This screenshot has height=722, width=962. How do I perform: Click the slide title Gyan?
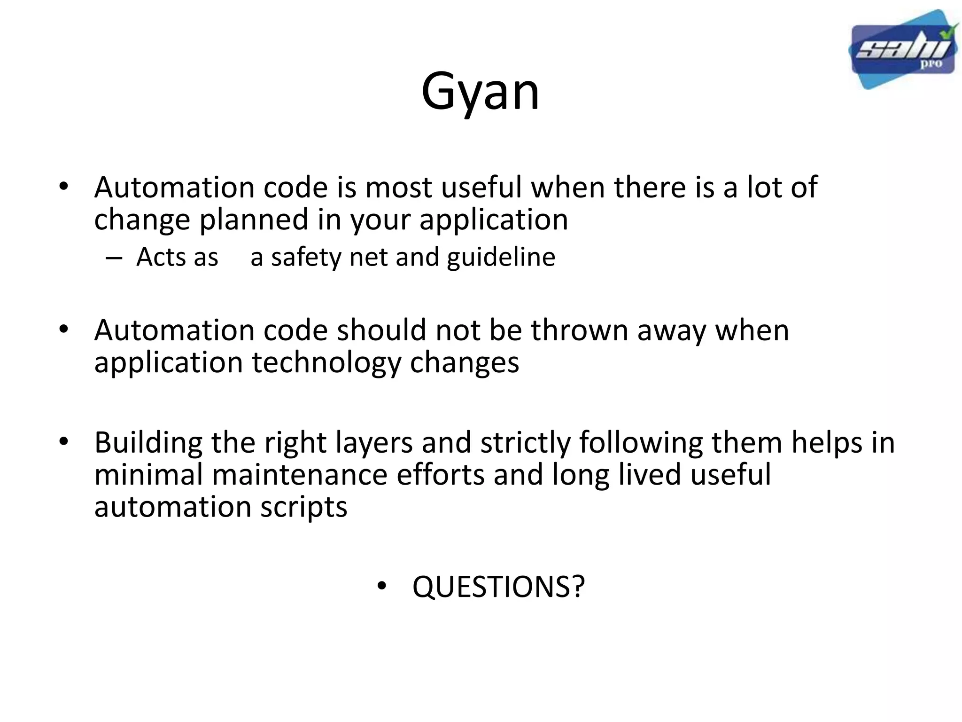(480, 92)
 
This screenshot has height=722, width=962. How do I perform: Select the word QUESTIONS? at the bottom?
(498, 587)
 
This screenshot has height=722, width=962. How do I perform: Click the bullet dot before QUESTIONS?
(381, 586)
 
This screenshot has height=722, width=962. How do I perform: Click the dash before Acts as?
(114, 258)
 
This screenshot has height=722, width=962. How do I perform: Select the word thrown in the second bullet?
(579, 330)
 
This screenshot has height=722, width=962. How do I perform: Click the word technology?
(326, 363)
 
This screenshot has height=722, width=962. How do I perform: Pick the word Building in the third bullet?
(148, 443)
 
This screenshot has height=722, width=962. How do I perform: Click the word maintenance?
(299, 474)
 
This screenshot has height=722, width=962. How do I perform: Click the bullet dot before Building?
(64, 441)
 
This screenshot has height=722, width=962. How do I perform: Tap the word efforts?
(440, 474)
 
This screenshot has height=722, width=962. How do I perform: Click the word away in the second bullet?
(671, 330)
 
